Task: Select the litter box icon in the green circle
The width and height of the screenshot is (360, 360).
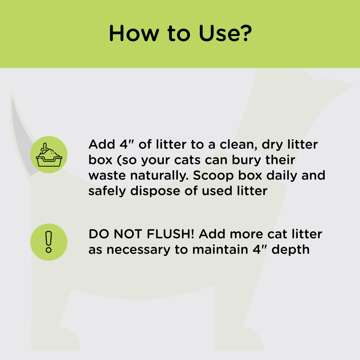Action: point(49,154)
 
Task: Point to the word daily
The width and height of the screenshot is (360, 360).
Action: point(280,176)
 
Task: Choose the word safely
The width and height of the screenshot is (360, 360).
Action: point(107,191)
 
